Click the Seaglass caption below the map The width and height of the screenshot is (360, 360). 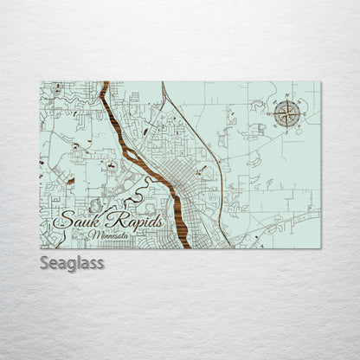pyautogui.click(x=72, y=263)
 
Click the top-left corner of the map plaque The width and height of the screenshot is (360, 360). pyautogui.click(x=41, y=82)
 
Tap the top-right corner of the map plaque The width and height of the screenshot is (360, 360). pyautogui.click(x=320, y=82)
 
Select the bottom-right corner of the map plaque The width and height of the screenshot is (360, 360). pyautogui.click(x=320, y=248)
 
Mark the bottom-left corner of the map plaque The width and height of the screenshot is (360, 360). pyautogui.click(x=41, y=248)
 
